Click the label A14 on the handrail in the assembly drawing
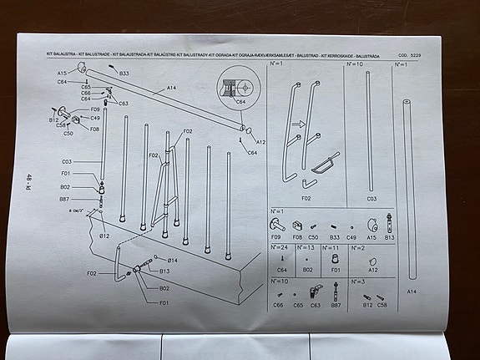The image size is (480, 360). coord(170,88)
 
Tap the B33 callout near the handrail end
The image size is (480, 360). coord(124,74)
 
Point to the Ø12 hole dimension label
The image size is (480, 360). coord(105,236)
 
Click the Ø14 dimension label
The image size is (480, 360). coord(172,261)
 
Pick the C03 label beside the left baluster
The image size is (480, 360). coord(66,161)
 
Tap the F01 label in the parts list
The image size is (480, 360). coord(333,271)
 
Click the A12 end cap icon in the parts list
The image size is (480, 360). coord(373,260)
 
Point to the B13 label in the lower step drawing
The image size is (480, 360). coord(164,271)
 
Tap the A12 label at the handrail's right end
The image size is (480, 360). coord(260,142)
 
